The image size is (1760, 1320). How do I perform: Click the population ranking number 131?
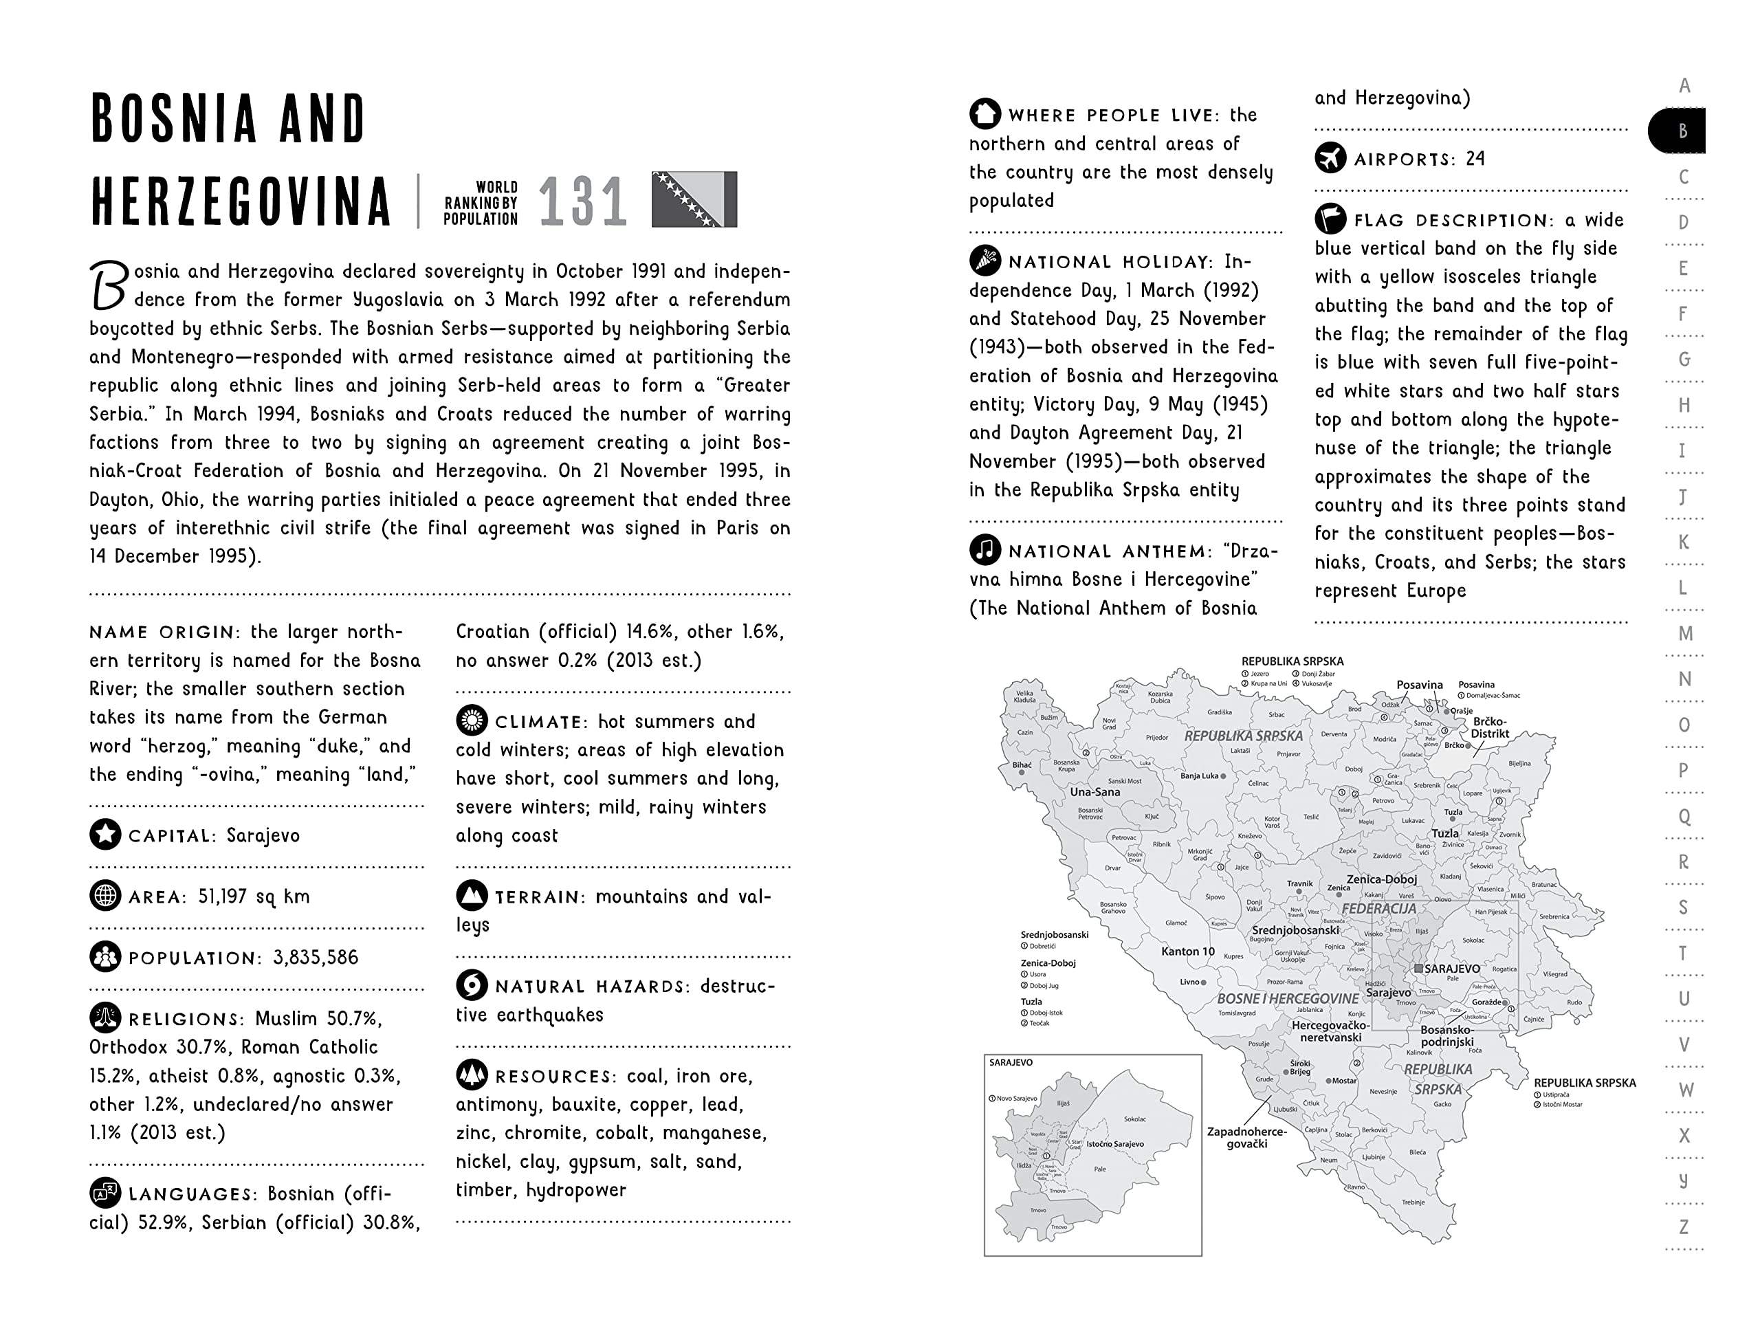tap(582, 201)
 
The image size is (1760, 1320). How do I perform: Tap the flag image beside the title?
tap(694, 199)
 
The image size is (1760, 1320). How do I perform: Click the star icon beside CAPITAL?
tap(105, 835)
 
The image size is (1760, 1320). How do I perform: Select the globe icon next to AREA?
tap(105, 896)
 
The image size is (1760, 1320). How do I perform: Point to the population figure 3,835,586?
tap(315, 957)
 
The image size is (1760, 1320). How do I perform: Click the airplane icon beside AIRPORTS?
tap(1330, 157)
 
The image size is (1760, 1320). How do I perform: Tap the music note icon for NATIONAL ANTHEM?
tap(985, 550)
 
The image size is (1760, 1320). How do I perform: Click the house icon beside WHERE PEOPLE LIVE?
tap(985, 113)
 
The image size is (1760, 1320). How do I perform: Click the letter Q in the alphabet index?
tap(1684, 816)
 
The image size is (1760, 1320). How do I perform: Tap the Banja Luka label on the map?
tap(1199, 775)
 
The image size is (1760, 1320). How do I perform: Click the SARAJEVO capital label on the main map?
tap(1451, 969)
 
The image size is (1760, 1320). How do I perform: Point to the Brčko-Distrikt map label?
tap(1490, 727)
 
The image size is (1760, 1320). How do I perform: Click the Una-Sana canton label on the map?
tap(1094, 792)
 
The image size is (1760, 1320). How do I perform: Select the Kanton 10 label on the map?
tap(1187, 951)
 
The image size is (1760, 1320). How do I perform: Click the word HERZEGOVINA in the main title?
tap(241, 201)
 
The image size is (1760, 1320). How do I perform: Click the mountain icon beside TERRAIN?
tap(472, 896)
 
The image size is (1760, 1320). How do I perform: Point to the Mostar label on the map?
tap(1344, 1081)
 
